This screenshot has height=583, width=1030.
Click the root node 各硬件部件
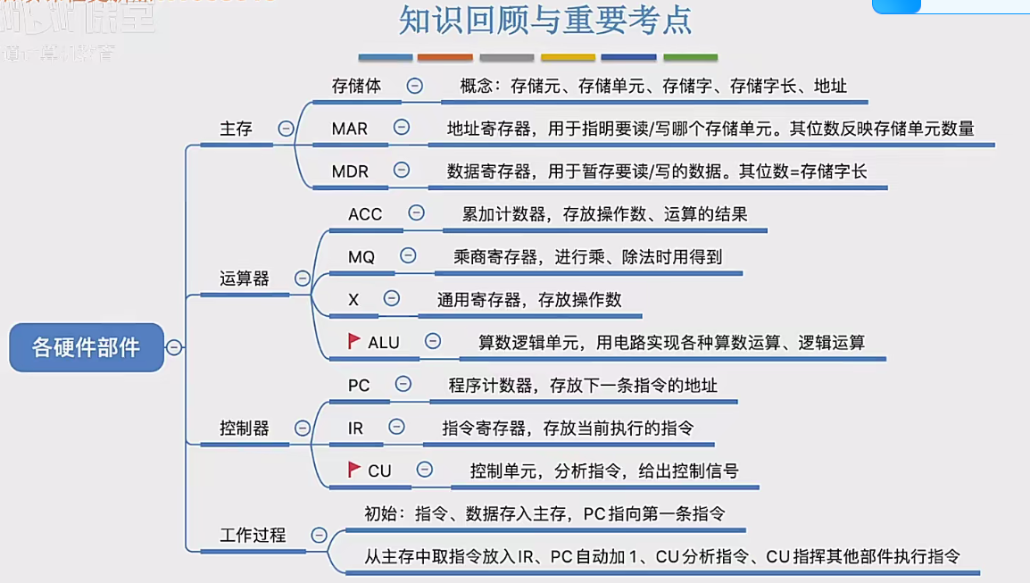pos(87,347)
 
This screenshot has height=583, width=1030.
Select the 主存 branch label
pos(236,129)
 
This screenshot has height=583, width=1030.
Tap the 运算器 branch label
pos(244,279)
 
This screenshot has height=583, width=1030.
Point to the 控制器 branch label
pos(244,429)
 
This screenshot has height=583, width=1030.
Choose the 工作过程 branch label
pos(253,535)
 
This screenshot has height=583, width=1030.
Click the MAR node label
pos(349,129)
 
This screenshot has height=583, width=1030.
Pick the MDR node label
pos(350,171)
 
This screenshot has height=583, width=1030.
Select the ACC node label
pos(365,213)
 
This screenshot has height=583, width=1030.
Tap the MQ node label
pos(361,256)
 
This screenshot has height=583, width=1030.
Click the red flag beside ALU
pos(354,341)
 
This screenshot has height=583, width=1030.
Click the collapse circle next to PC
pos(403,384)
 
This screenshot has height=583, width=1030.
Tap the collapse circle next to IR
pos(396,427)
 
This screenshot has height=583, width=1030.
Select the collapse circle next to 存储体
pos(415,86)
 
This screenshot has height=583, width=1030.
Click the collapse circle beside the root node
pos(174,347)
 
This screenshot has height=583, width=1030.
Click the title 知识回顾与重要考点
pos(545,21)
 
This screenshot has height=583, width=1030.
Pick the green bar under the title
pos(690,58)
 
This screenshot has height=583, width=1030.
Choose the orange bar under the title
pos(445,58)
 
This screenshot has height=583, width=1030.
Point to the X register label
pos(353,299)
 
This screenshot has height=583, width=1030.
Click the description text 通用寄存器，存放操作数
pos(529,299)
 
